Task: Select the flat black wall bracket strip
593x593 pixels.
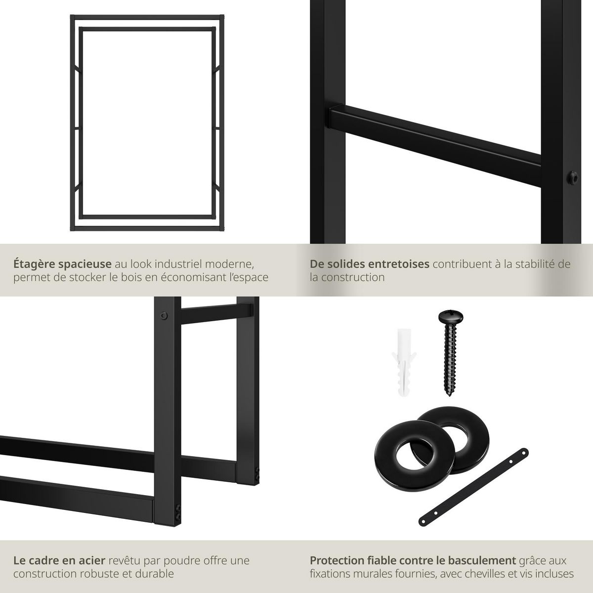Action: pyautogui.click(x=473, y=487)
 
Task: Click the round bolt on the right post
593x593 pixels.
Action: pyautogui.click(x=572, y=176)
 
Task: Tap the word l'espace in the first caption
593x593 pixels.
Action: pyautogui.click(x=251, y=277)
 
